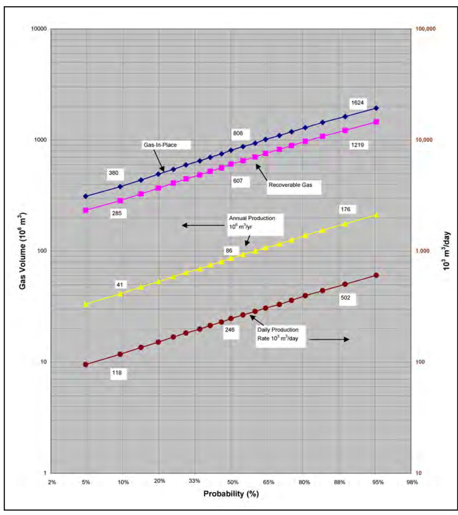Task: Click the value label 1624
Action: [358, 103]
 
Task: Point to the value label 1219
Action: [358, 145]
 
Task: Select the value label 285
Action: [117, 213]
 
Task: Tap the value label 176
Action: [346, 209]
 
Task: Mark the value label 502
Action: [346, 298]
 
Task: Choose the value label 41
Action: [120, 285]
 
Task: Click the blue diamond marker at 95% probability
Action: [376, 108]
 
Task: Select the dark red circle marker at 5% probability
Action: [86, 365]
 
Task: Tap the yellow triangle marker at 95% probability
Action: [376, 215]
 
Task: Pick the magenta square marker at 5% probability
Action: [86, 210]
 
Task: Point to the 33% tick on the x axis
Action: [194, 481]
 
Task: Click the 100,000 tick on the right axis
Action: [426, 29]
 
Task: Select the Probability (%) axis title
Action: [231, 494]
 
